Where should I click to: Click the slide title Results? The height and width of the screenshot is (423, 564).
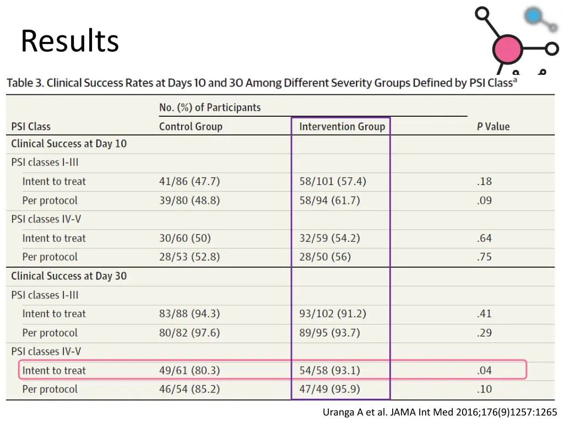click(69, 41)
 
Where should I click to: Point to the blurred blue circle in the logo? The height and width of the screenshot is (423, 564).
click(533, 16)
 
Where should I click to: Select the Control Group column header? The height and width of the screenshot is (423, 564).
click(191, 127)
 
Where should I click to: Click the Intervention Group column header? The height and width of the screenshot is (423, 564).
click(342, 127)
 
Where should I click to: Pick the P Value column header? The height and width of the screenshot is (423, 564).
click(493, 127)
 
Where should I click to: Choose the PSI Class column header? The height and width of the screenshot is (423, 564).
click(31, 127)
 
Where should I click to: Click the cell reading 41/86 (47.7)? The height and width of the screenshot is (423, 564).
click(189, 181)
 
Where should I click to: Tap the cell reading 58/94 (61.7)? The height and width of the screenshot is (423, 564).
click(329, 200)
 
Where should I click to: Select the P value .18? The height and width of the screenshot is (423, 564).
click(484, 181)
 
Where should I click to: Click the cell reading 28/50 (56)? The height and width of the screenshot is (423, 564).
click(325, 257)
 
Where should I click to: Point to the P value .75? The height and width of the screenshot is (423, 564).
click(484, 257)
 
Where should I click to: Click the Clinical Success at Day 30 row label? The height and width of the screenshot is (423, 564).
click(69, 276)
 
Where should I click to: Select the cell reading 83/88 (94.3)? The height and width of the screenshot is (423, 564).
click(189, 314)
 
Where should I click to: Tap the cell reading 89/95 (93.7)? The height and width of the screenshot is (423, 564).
click(329, 333)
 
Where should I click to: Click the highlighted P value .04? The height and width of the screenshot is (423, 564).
click(484, 370)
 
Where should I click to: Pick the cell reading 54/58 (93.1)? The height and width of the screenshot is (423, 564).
click(329, 370)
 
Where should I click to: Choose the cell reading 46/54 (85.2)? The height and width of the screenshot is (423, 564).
click(189, 389)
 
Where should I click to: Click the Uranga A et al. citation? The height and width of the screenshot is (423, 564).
click(440, 412)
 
